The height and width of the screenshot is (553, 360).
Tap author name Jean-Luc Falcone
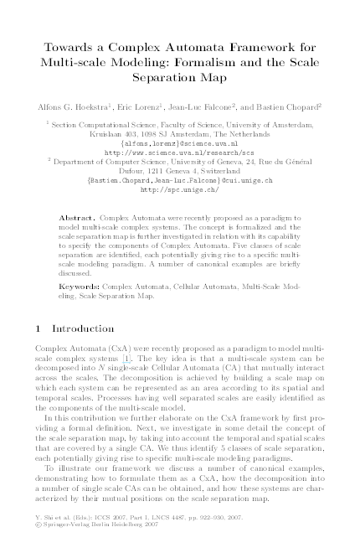[213, 107]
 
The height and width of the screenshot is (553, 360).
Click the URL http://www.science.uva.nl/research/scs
[180, 152]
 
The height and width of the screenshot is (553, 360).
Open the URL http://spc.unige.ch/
[180, 189]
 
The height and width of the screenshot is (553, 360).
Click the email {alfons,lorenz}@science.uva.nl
[180, 143]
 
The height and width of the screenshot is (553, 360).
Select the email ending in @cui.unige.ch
[180, 180]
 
